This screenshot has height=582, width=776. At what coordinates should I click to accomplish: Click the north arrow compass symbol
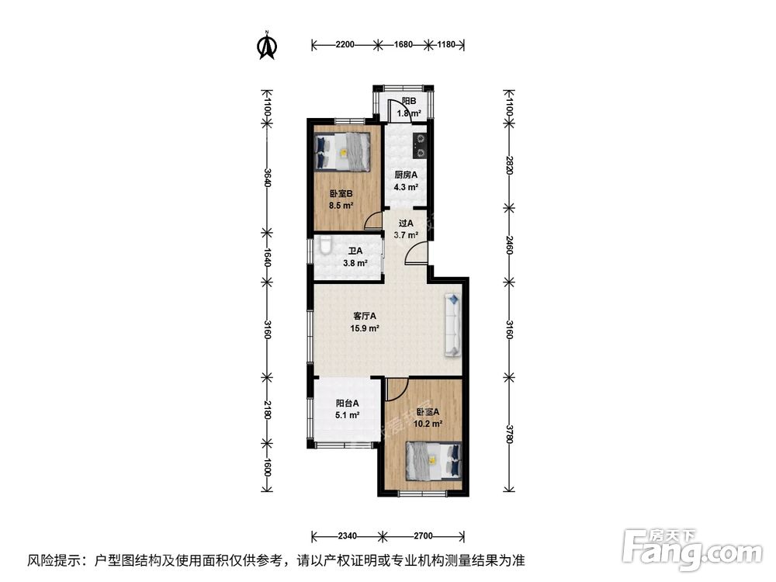[268, 45]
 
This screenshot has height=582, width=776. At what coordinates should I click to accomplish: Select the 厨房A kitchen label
[406, 175]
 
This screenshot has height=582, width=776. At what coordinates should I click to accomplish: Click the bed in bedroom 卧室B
[343, 151]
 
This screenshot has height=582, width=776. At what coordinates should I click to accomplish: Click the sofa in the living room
[452, 327]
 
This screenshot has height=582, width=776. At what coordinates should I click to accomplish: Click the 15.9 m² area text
[365, 328]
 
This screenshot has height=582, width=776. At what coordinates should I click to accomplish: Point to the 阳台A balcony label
[347, 403]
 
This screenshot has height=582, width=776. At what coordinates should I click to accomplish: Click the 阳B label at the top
[409, 101]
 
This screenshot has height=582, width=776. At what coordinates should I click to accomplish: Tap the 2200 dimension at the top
[345, 45]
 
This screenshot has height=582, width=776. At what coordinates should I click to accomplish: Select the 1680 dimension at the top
[403, 45]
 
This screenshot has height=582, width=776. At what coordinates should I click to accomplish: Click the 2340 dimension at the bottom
[347, 535]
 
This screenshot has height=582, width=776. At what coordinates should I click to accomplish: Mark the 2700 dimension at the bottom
[423, 535]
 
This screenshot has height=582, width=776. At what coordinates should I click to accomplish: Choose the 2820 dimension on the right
[510, 164]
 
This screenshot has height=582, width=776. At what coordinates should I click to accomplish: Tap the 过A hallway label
[406, 223]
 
